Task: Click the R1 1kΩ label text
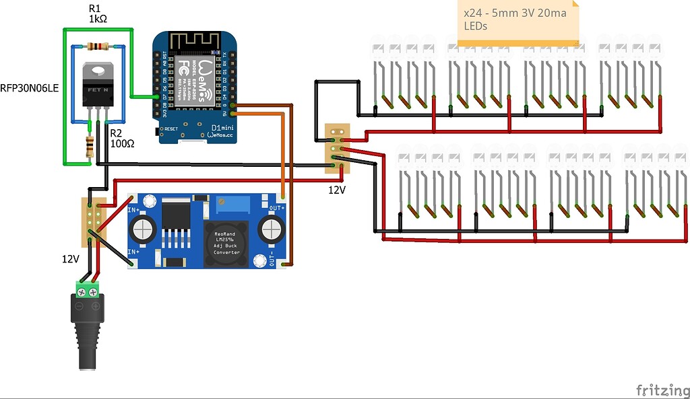[x=98, y=13]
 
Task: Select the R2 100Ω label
[x=121, y=138]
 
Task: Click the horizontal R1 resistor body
[x=98, y=46]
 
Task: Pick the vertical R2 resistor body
[x=90, y=146]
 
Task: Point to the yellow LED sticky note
[x=517, y=23]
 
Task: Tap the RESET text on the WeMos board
[x=170, y=128]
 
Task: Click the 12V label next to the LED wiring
[x=336, y=190]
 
